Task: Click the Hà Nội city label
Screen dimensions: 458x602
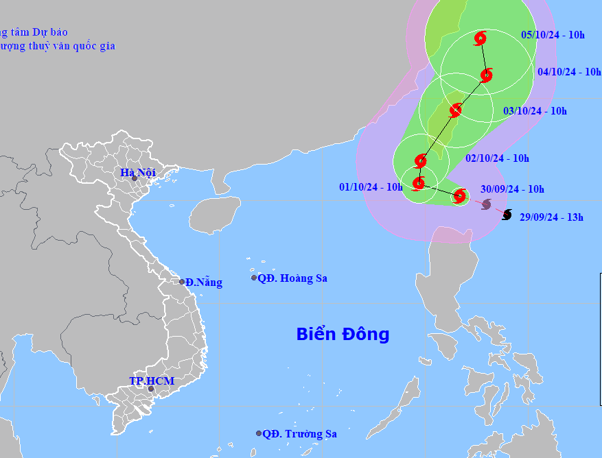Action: tap(138, 173)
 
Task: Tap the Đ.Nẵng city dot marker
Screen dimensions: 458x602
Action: tap(182, 282)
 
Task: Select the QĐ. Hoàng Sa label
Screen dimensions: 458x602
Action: tap(292, 278)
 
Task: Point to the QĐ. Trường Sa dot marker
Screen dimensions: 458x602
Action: tap(259, 433)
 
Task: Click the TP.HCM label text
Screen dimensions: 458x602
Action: tap(152, 381)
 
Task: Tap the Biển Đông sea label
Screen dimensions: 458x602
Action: tap(343, 335)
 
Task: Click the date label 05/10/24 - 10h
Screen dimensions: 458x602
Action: tap(553, 35)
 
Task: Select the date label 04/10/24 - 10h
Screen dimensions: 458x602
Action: tap(569, 72)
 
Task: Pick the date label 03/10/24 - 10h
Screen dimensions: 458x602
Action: tap(535, 111)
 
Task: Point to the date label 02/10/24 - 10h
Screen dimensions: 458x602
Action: tap(497, 158)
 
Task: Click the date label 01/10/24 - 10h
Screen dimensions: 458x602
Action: tap(371, 186)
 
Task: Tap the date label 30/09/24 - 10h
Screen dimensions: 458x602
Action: tap(512, 190)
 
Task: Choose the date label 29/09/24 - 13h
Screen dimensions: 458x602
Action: tap(551, 217)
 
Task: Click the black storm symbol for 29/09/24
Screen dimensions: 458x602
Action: tap(507, 215)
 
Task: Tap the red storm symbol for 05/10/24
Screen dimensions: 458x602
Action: tap(481, 38)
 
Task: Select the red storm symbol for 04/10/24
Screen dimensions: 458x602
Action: tap(487, 75)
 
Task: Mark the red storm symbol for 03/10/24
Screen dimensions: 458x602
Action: tap(455, 110)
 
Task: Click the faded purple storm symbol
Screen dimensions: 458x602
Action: tap(486, 204)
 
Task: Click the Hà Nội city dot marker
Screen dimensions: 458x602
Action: tap(135, 178)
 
